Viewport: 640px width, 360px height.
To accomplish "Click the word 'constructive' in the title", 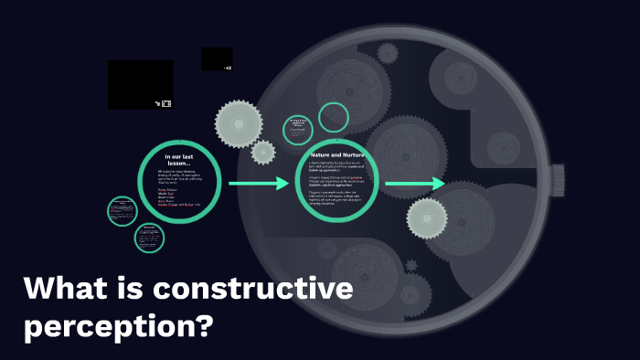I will (252, 291).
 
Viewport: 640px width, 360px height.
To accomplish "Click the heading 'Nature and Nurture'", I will (337, 155).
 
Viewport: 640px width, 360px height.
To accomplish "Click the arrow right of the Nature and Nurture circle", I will (415, 184).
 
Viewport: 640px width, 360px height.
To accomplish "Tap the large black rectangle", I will (141, 84).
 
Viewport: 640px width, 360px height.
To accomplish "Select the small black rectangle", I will (217, 58).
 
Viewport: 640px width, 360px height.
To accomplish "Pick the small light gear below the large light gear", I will (263, 152).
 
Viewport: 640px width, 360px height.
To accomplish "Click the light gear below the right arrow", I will (427, 218).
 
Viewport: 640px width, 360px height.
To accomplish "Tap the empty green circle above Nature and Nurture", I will (335, 117).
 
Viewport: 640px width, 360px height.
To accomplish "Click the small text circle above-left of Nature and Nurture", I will (297, 129).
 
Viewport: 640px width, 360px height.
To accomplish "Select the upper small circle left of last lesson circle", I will (123, 211).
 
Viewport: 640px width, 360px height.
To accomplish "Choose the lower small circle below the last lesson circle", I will (149, 238).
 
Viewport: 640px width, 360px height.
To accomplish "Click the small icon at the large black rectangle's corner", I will (165, 103).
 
